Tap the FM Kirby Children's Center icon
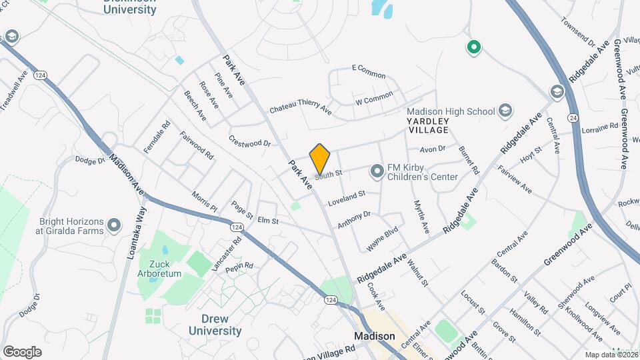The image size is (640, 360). (378, 172)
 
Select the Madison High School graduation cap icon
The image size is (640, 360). (505, 111)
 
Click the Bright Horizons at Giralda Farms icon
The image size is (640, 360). (114, 225)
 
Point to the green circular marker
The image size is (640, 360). (474, 47)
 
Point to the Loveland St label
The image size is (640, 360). (346, 198)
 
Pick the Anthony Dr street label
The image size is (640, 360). (353, 220)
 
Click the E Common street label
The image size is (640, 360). (368, 72)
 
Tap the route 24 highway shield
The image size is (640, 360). (572, 117)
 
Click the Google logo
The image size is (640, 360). (22, 351)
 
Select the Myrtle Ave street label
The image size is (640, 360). (421, 216)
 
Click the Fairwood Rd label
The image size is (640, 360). (197, 145)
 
